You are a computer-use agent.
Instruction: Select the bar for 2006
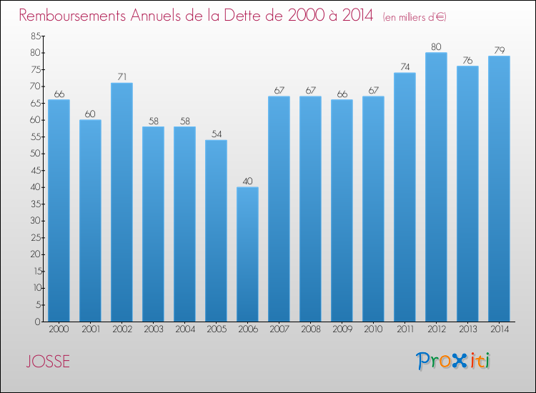click(247, 254)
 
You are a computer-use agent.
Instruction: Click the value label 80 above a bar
click(436, 47)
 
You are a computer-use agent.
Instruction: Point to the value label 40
click(247, 181)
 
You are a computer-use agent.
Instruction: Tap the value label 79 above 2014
click(499, 51)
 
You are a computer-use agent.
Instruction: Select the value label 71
click(121, 77)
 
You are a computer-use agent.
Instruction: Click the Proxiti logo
click(453, 361)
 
